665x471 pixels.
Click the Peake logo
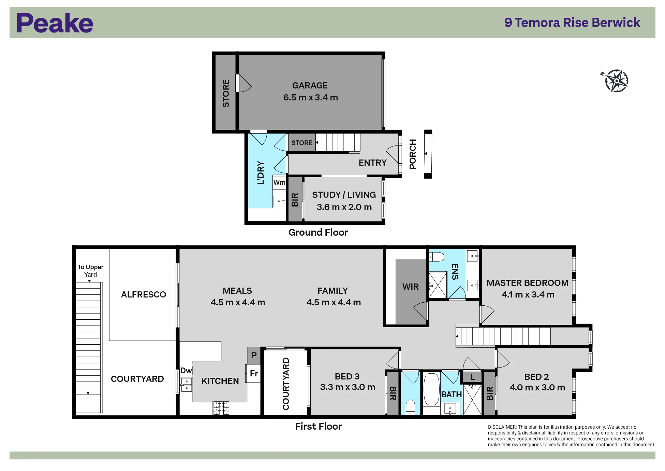pos(55,23)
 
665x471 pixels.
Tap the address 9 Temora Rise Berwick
pos(572,23)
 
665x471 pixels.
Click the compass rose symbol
pos(616,81)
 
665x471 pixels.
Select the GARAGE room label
pos(310,85)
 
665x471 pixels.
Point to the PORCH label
pos(413,154)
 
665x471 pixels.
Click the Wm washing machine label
pos(279,182)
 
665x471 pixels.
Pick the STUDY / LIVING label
pos(344,195)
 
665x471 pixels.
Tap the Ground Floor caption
pos(318,232)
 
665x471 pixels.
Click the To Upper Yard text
pos(90,271)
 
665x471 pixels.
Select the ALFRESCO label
pos(144,294)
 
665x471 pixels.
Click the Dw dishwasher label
pos(186,371)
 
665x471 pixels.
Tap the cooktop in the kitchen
pos(221,408)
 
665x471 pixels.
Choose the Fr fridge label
pos(254,373)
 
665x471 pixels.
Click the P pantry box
pos(254,355)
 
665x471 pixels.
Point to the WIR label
pos(410,287)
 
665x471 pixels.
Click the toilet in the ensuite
pos(437,257)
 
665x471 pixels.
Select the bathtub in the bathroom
pos(431,389)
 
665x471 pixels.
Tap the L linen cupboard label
pos(472,377)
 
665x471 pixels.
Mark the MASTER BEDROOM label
pos(527,283)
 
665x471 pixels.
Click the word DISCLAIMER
pos(502,427)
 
